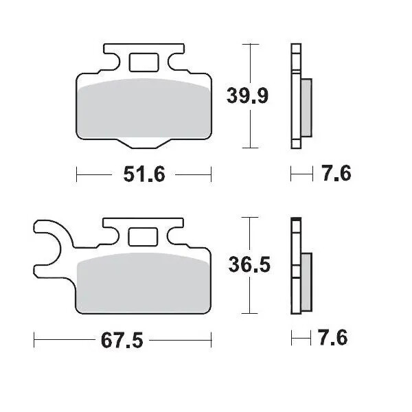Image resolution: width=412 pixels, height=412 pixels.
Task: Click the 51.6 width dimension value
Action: coord(144,174)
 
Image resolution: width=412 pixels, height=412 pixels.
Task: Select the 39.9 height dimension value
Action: coord(247,95)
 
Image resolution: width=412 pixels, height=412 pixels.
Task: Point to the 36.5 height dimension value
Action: coord(248,264)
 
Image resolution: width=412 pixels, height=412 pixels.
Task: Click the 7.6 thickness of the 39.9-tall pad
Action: coord(336,174)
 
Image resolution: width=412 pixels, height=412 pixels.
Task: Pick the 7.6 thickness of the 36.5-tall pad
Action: coord(333,338)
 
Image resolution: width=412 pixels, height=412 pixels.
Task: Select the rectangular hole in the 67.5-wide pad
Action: coord(144,236)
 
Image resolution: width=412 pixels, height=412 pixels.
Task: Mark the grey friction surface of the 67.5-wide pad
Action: coord(144,282)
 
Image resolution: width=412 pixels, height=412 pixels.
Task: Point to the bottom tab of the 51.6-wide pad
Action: coord(144,142)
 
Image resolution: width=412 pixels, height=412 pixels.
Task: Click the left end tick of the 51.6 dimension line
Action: coord(76,174)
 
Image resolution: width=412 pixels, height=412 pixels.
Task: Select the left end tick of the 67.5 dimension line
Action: coord(34,340)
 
